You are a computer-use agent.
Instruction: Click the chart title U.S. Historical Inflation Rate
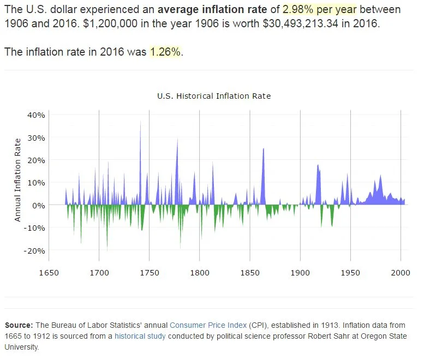pos(214,96)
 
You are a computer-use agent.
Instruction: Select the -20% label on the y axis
pos(34,251)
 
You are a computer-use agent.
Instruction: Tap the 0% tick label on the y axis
pos(38,206)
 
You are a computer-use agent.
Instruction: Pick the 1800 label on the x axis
pos(200,273)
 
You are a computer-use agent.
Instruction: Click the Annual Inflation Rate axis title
pos(17,179)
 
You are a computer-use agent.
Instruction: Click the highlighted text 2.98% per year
pos(319,10)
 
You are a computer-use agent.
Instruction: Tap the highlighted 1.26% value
pos(166,52)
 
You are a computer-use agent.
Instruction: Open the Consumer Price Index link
pos(210,325)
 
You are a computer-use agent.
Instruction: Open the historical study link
pos(140,336)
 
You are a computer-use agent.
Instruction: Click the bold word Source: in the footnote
pos(19,325)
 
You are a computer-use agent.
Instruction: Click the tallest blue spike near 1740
pos(140,123)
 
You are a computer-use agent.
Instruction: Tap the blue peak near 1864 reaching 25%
pos(264,150)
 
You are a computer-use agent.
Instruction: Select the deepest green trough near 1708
pos(107,248)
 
